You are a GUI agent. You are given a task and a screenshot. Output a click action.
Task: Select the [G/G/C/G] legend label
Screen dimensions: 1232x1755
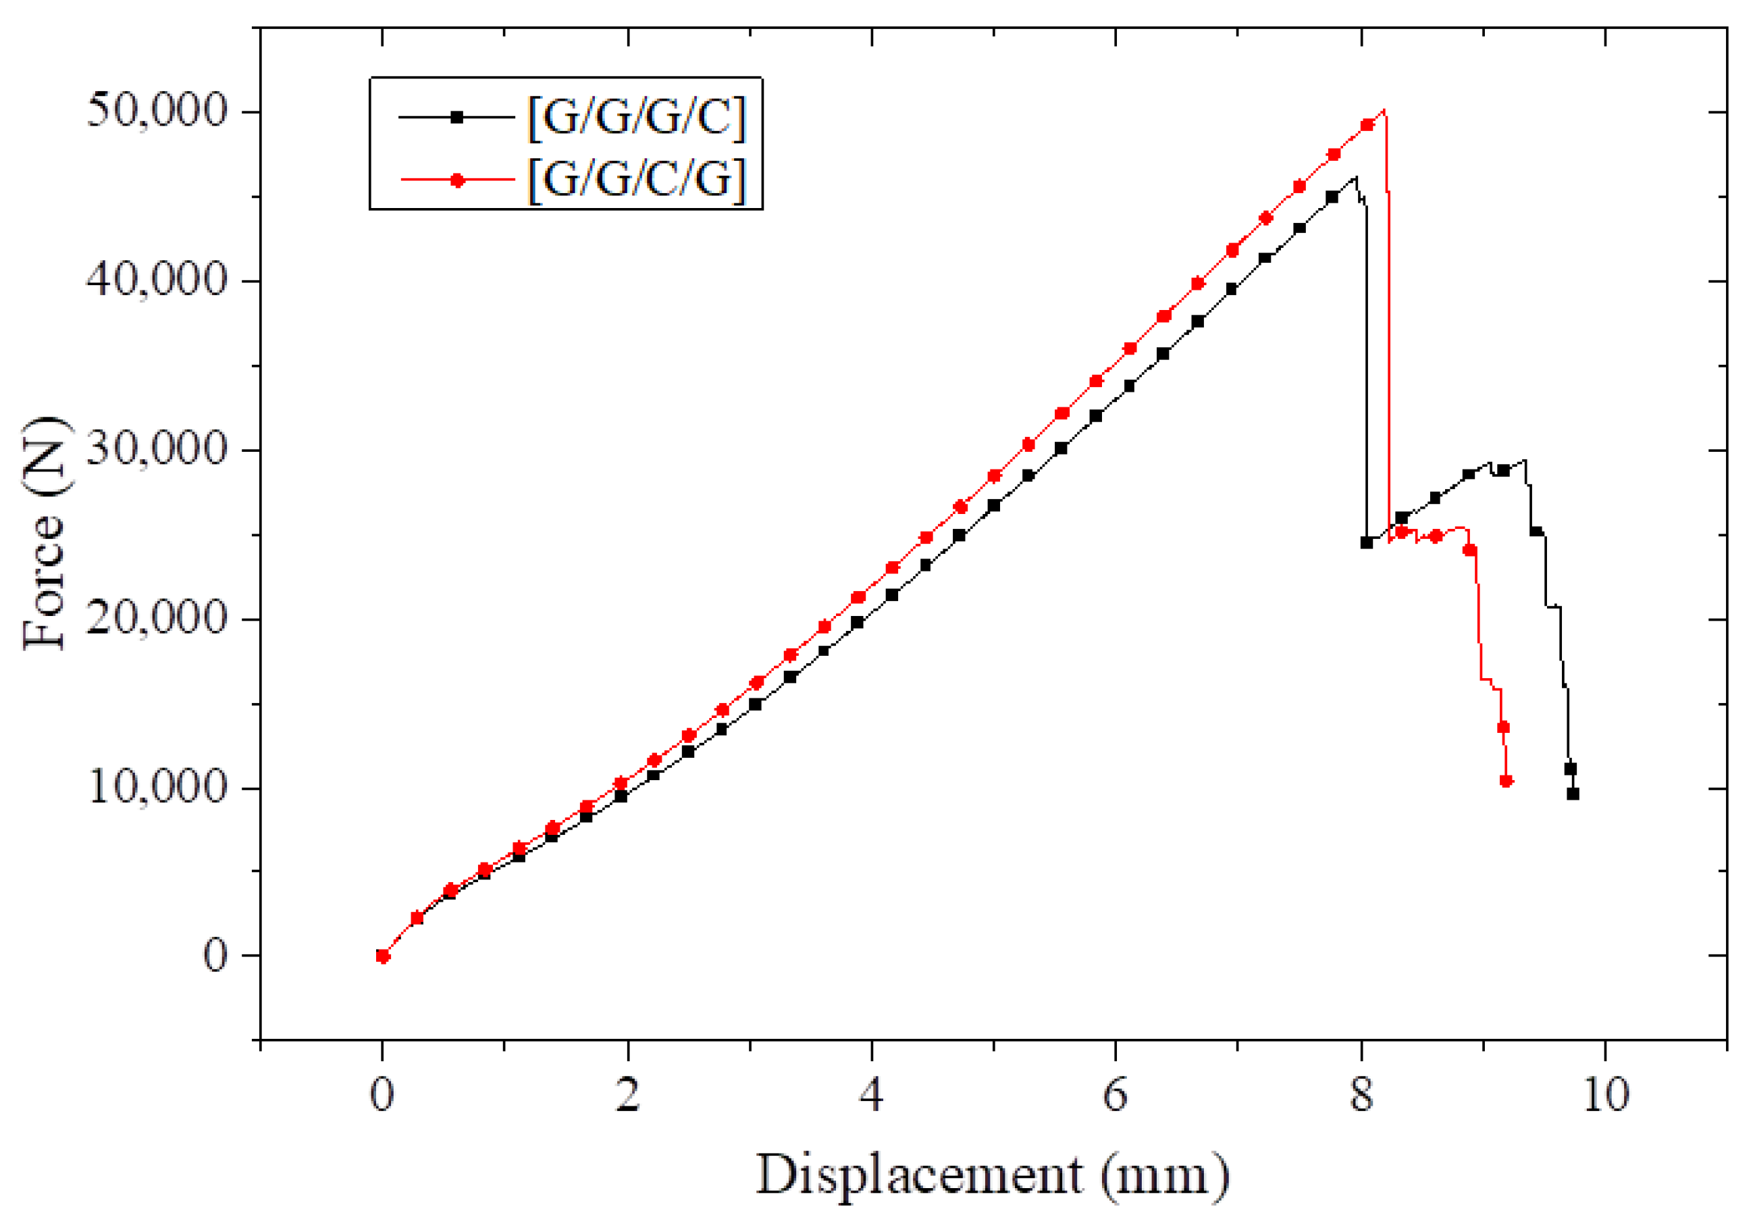click(636, 180)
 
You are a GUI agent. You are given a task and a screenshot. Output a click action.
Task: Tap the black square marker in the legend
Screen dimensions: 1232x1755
click(456, 117)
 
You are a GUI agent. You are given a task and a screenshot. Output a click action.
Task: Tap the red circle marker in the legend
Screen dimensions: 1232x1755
click(456, 180)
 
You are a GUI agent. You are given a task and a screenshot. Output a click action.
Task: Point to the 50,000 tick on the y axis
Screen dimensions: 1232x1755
click(157, 111)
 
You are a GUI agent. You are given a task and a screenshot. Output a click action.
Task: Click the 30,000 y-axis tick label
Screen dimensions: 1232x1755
click(157, 449)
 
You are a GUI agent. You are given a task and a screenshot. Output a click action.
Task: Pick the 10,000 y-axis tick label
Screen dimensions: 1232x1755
click(157, 787)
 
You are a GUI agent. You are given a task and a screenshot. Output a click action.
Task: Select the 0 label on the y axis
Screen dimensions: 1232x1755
click(215, 956)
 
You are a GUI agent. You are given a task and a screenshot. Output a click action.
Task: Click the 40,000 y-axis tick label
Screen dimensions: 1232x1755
click(157, 280)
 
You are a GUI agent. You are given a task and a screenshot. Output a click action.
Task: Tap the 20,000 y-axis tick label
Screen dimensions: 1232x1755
click(157, 618)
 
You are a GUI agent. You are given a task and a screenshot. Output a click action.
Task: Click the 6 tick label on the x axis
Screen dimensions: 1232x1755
click(1116, 1095)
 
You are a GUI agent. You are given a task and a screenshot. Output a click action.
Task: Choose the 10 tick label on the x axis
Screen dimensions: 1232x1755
click(1605, 1095)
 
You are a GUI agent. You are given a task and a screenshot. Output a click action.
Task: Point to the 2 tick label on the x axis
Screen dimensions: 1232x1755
click(627, 1095)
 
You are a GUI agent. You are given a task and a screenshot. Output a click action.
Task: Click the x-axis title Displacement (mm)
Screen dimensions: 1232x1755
click(992, 1175)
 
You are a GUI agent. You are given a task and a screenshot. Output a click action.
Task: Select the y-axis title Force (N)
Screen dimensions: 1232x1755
click(45, 534)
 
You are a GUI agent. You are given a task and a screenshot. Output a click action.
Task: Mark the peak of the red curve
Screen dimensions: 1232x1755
click(1384, 110)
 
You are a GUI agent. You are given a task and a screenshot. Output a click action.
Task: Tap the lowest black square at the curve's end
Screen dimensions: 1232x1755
click(1572, 794)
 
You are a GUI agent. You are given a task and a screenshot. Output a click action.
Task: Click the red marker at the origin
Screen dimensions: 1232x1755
click(383, 956)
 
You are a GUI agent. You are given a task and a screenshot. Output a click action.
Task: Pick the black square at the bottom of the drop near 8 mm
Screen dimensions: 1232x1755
click(1367, 542)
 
